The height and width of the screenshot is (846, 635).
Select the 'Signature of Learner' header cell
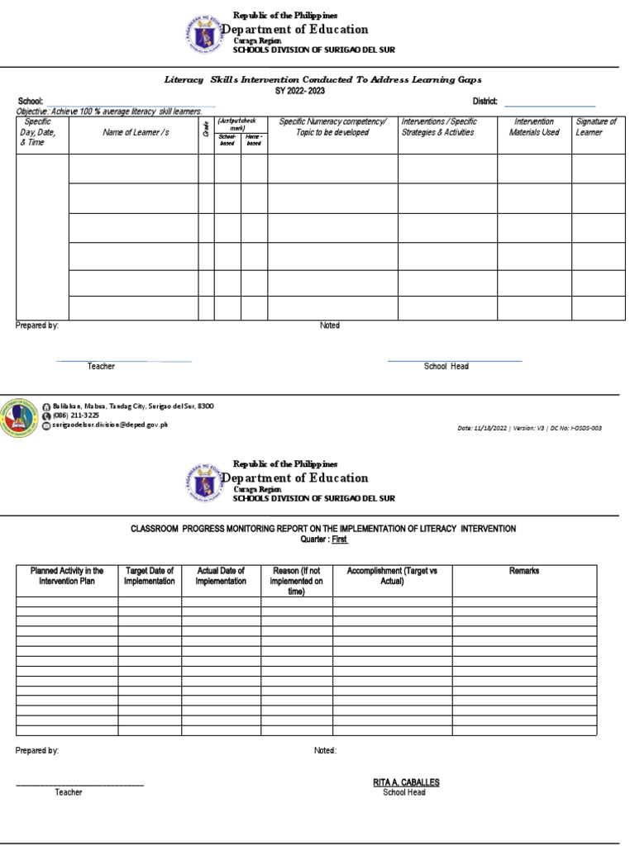pyautogui.click(x=596, y=127)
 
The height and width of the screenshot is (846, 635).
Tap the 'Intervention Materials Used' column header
pyautogui.click(x=534, y=127)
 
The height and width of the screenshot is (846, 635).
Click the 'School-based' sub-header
pyautogui.click(x=227, y=140)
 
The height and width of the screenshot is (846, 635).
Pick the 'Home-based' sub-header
pyautogui.click(x=254, y=140)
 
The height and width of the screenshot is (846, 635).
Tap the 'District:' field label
pyautogui.click(x=485, y=102)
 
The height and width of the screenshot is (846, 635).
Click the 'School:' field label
pyautogui.click(x=30, y=102)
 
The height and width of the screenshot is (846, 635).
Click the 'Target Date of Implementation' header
pyautogui.click(x=150, y=576)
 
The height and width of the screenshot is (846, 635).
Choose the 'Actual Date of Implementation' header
pyautogui.click(x=221, y=576)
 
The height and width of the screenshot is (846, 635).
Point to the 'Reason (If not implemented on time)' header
pyautogui.click(x=296, y=581)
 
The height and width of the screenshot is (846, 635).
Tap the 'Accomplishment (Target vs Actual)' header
pyautogui.click(x=380, y=576)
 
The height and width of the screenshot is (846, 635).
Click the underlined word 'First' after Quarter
pyautogui.click(x=339, y=539)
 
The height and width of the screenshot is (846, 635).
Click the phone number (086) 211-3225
pyautogui.click(x=76, y=416)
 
